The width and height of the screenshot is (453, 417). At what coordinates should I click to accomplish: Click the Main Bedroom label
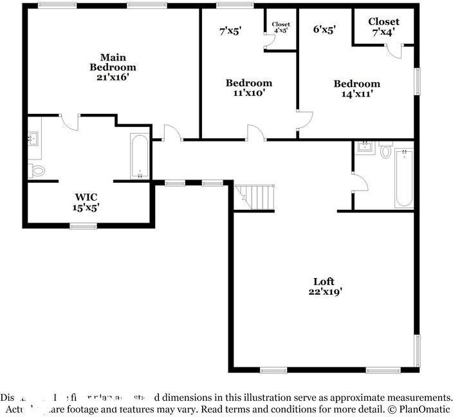pos(113,62)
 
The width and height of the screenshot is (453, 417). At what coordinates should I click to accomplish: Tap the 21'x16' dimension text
pos(113,77)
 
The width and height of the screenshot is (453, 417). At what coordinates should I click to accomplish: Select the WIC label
pos(86,196)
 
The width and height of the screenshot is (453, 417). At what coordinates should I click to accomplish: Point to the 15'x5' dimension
pos(86,207)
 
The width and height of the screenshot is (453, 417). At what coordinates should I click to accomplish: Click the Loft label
pos(324,281)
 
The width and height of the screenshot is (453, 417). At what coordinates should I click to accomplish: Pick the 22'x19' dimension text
pos(324,292)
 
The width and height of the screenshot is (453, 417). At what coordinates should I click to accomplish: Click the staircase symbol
pos(256,196)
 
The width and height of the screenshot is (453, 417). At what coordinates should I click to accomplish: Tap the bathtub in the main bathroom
pos(140,156)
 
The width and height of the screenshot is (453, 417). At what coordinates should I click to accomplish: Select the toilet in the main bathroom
pos(37,171)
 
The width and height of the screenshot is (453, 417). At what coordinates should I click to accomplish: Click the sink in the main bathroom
pos(34,138)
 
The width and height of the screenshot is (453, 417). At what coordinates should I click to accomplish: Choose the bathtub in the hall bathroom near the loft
pos(403,177)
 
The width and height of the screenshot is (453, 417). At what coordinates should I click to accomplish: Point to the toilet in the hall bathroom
pos(386,151)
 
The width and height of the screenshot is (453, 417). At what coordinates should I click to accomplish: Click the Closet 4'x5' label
pos(281,27)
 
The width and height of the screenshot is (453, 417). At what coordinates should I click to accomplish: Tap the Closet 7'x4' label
pos(384,26)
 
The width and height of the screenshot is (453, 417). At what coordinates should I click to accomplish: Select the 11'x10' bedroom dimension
pos(248,93)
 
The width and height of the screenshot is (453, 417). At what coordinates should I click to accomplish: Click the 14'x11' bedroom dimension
pos(356,94)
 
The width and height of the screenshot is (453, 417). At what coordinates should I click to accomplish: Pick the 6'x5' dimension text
pos(324,29)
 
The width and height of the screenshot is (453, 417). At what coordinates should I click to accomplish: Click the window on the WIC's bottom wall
pos(83,225)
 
